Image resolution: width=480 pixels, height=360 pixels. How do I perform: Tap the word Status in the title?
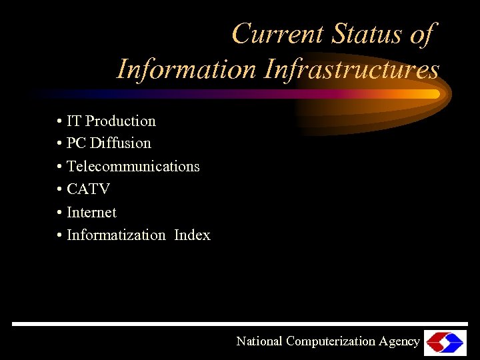coord(366,34)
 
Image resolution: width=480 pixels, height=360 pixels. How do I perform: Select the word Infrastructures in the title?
coord(352,69)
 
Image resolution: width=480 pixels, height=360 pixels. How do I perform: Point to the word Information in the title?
coord(186,69)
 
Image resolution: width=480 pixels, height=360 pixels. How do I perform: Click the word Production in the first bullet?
coord(121,121)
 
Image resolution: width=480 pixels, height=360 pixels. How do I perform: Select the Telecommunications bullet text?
coord(133,166)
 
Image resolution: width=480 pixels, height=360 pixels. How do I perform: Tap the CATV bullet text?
coord(88,189)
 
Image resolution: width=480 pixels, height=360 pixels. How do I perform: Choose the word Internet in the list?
coord(91,212)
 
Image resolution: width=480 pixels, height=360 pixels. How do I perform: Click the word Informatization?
coord(116,235)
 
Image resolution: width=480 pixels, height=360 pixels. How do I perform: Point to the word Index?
coord(192,235)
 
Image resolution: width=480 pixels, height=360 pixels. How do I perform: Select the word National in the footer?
coord(259,341)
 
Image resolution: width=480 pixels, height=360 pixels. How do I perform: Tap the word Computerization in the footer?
coord(331,341)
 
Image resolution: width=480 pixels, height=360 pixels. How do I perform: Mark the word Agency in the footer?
coord(399,341)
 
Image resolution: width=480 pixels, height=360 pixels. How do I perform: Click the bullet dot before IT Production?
coord(60,122)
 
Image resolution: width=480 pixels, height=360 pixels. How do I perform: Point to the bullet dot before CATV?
coord(60,190)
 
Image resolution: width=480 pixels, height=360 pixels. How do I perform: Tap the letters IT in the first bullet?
coord(74,121)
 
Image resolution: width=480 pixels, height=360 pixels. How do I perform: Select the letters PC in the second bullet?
coord(76,143)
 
